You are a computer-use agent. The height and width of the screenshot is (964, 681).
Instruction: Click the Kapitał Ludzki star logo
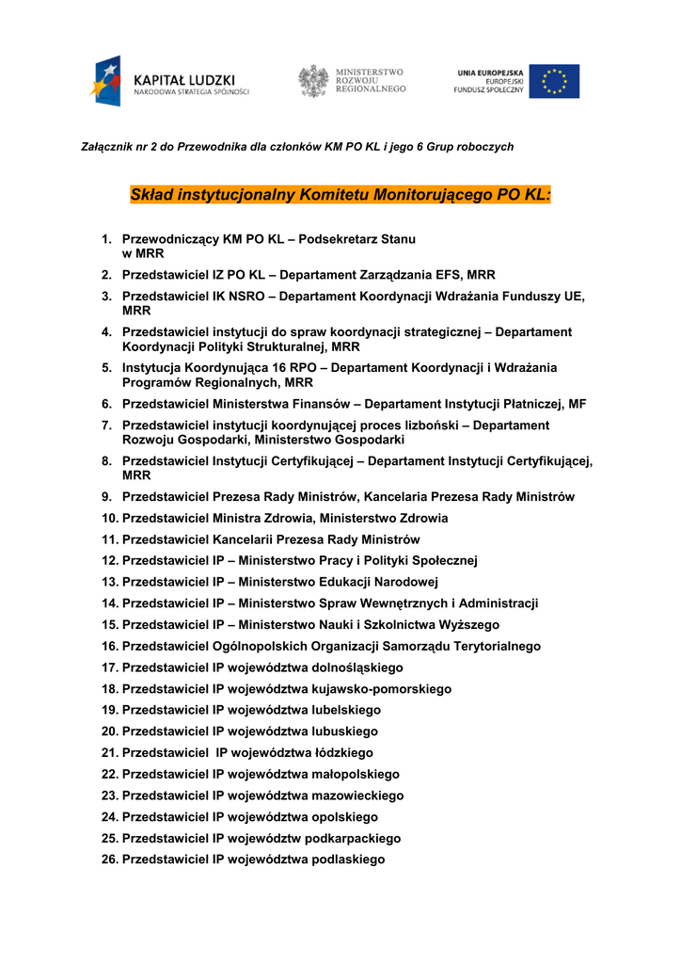click(x=106, y=81)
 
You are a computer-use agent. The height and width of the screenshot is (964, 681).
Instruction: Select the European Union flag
click(x=554, y=81)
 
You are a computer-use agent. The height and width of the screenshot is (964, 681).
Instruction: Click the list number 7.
click(x=107, y=426)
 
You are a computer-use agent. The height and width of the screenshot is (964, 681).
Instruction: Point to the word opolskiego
click(x=345, y=817)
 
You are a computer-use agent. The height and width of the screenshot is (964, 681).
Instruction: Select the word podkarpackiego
click(x=354, y=839)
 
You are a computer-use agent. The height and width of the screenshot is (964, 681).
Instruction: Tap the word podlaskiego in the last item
click(x=349, y=860)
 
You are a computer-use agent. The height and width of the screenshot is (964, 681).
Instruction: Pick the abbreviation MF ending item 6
click(x=577, y=404)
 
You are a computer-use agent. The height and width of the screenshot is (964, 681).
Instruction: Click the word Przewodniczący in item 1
click(x=169, y=239)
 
